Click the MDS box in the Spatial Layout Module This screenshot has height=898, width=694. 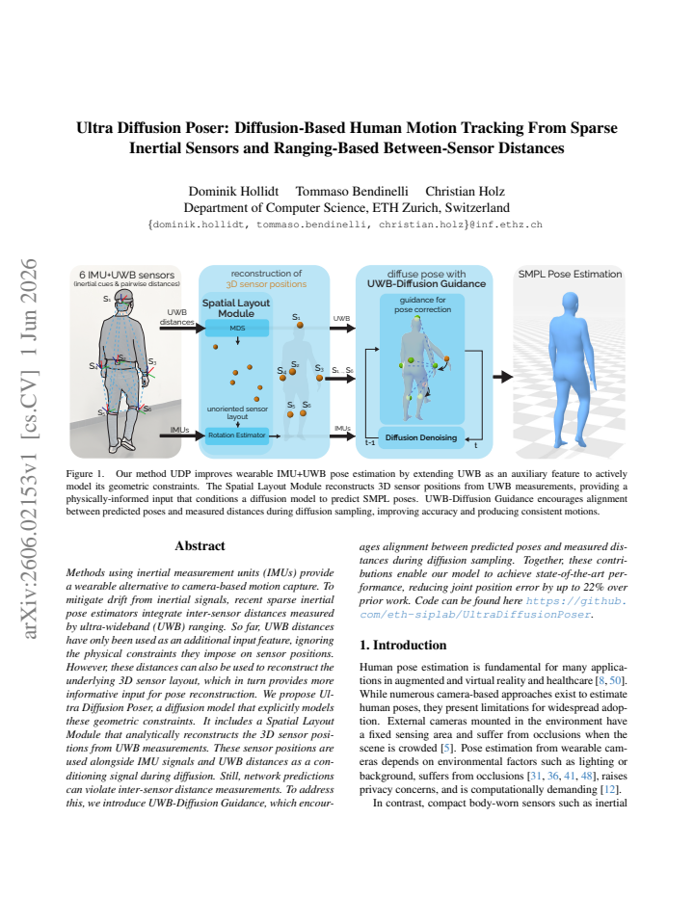[x=237, y=329]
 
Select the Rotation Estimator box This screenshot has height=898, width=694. [x=237, y=436]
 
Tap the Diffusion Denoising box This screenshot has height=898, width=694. [x=421, y=437]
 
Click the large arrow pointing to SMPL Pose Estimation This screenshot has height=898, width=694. [x=502, y=377]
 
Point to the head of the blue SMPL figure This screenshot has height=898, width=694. [x=570, y=303]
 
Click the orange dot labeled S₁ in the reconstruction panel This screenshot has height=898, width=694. [x=300, y=326]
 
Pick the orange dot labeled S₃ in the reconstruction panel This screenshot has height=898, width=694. [x=320, y=378]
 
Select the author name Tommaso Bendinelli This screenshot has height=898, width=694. [x=352, y=192]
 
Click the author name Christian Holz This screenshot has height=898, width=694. [x=465, y=192]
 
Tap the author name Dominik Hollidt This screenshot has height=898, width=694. [x=233, y=192]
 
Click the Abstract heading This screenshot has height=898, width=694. [x=200, y=545]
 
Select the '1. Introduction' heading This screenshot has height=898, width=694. [x=403, y=645]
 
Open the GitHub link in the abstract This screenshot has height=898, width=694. [x=493, y=608]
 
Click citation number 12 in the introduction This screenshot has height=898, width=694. [x=609, y=790]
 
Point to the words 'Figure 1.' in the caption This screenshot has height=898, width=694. [x=86, y=474]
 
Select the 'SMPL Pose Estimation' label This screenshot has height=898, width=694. [x=570, y=275]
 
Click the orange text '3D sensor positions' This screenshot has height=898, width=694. [x=266, y=284]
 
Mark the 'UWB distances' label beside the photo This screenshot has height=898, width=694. [x=176, y=317]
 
